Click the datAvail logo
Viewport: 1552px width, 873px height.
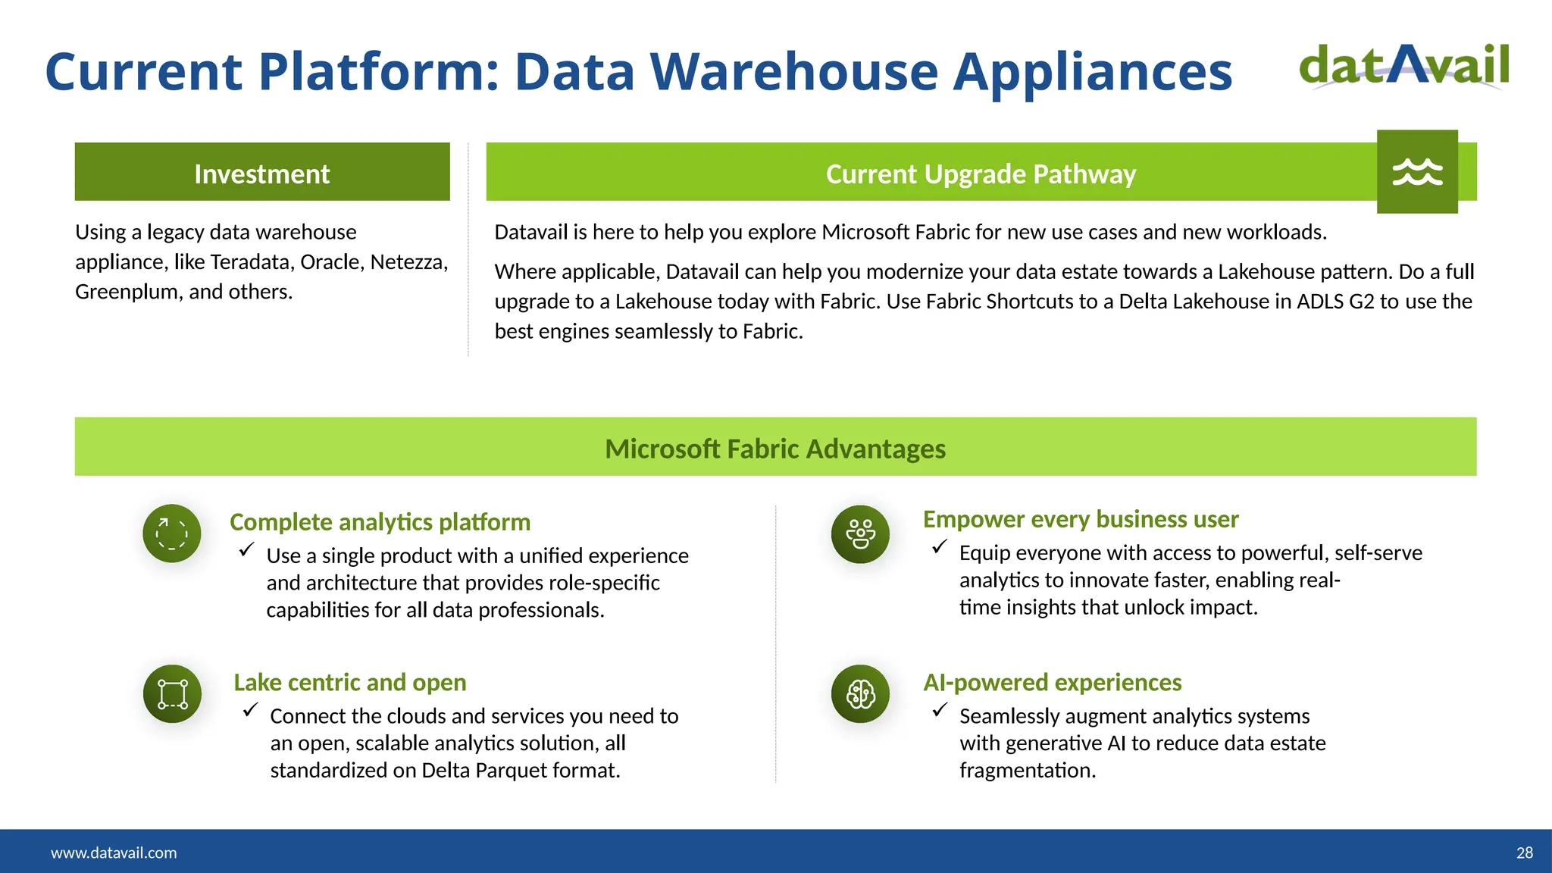click(1403, 66)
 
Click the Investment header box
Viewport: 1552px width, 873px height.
click(262, 172)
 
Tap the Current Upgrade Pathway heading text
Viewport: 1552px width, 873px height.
click(981, 174)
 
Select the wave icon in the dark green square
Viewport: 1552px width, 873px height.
click(1417, 172)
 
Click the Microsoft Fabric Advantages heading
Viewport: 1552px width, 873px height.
click(774, 449)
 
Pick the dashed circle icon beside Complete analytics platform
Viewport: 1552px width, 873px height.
click(172, 533)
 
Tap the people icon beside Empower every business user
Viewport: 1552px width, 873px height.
click(860, 534)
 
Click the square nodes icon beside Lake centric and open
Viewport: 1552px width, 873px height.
click(172, 694)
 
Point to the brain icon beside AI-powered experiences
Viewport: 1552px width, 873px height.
click(860, 694)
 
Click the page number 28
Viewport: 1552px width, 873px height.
click(1524, 853)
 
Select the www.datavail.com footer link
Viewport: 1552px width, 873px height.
click(114, 853)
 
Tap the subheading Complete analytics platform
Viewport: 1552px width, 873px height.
click(380, 522)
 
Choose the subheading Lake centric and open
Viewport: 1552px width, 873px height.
click(349, 683)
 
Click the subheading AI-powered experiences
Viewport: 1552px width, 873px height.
click(1052, 683)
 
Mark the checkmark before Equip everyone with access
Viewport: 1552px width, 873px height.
click(940, 546)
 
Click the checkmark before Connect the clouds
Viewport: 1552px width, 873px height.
click(250, 710)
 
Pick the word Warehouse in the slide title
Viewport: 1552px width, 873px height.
click(794, 72)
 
